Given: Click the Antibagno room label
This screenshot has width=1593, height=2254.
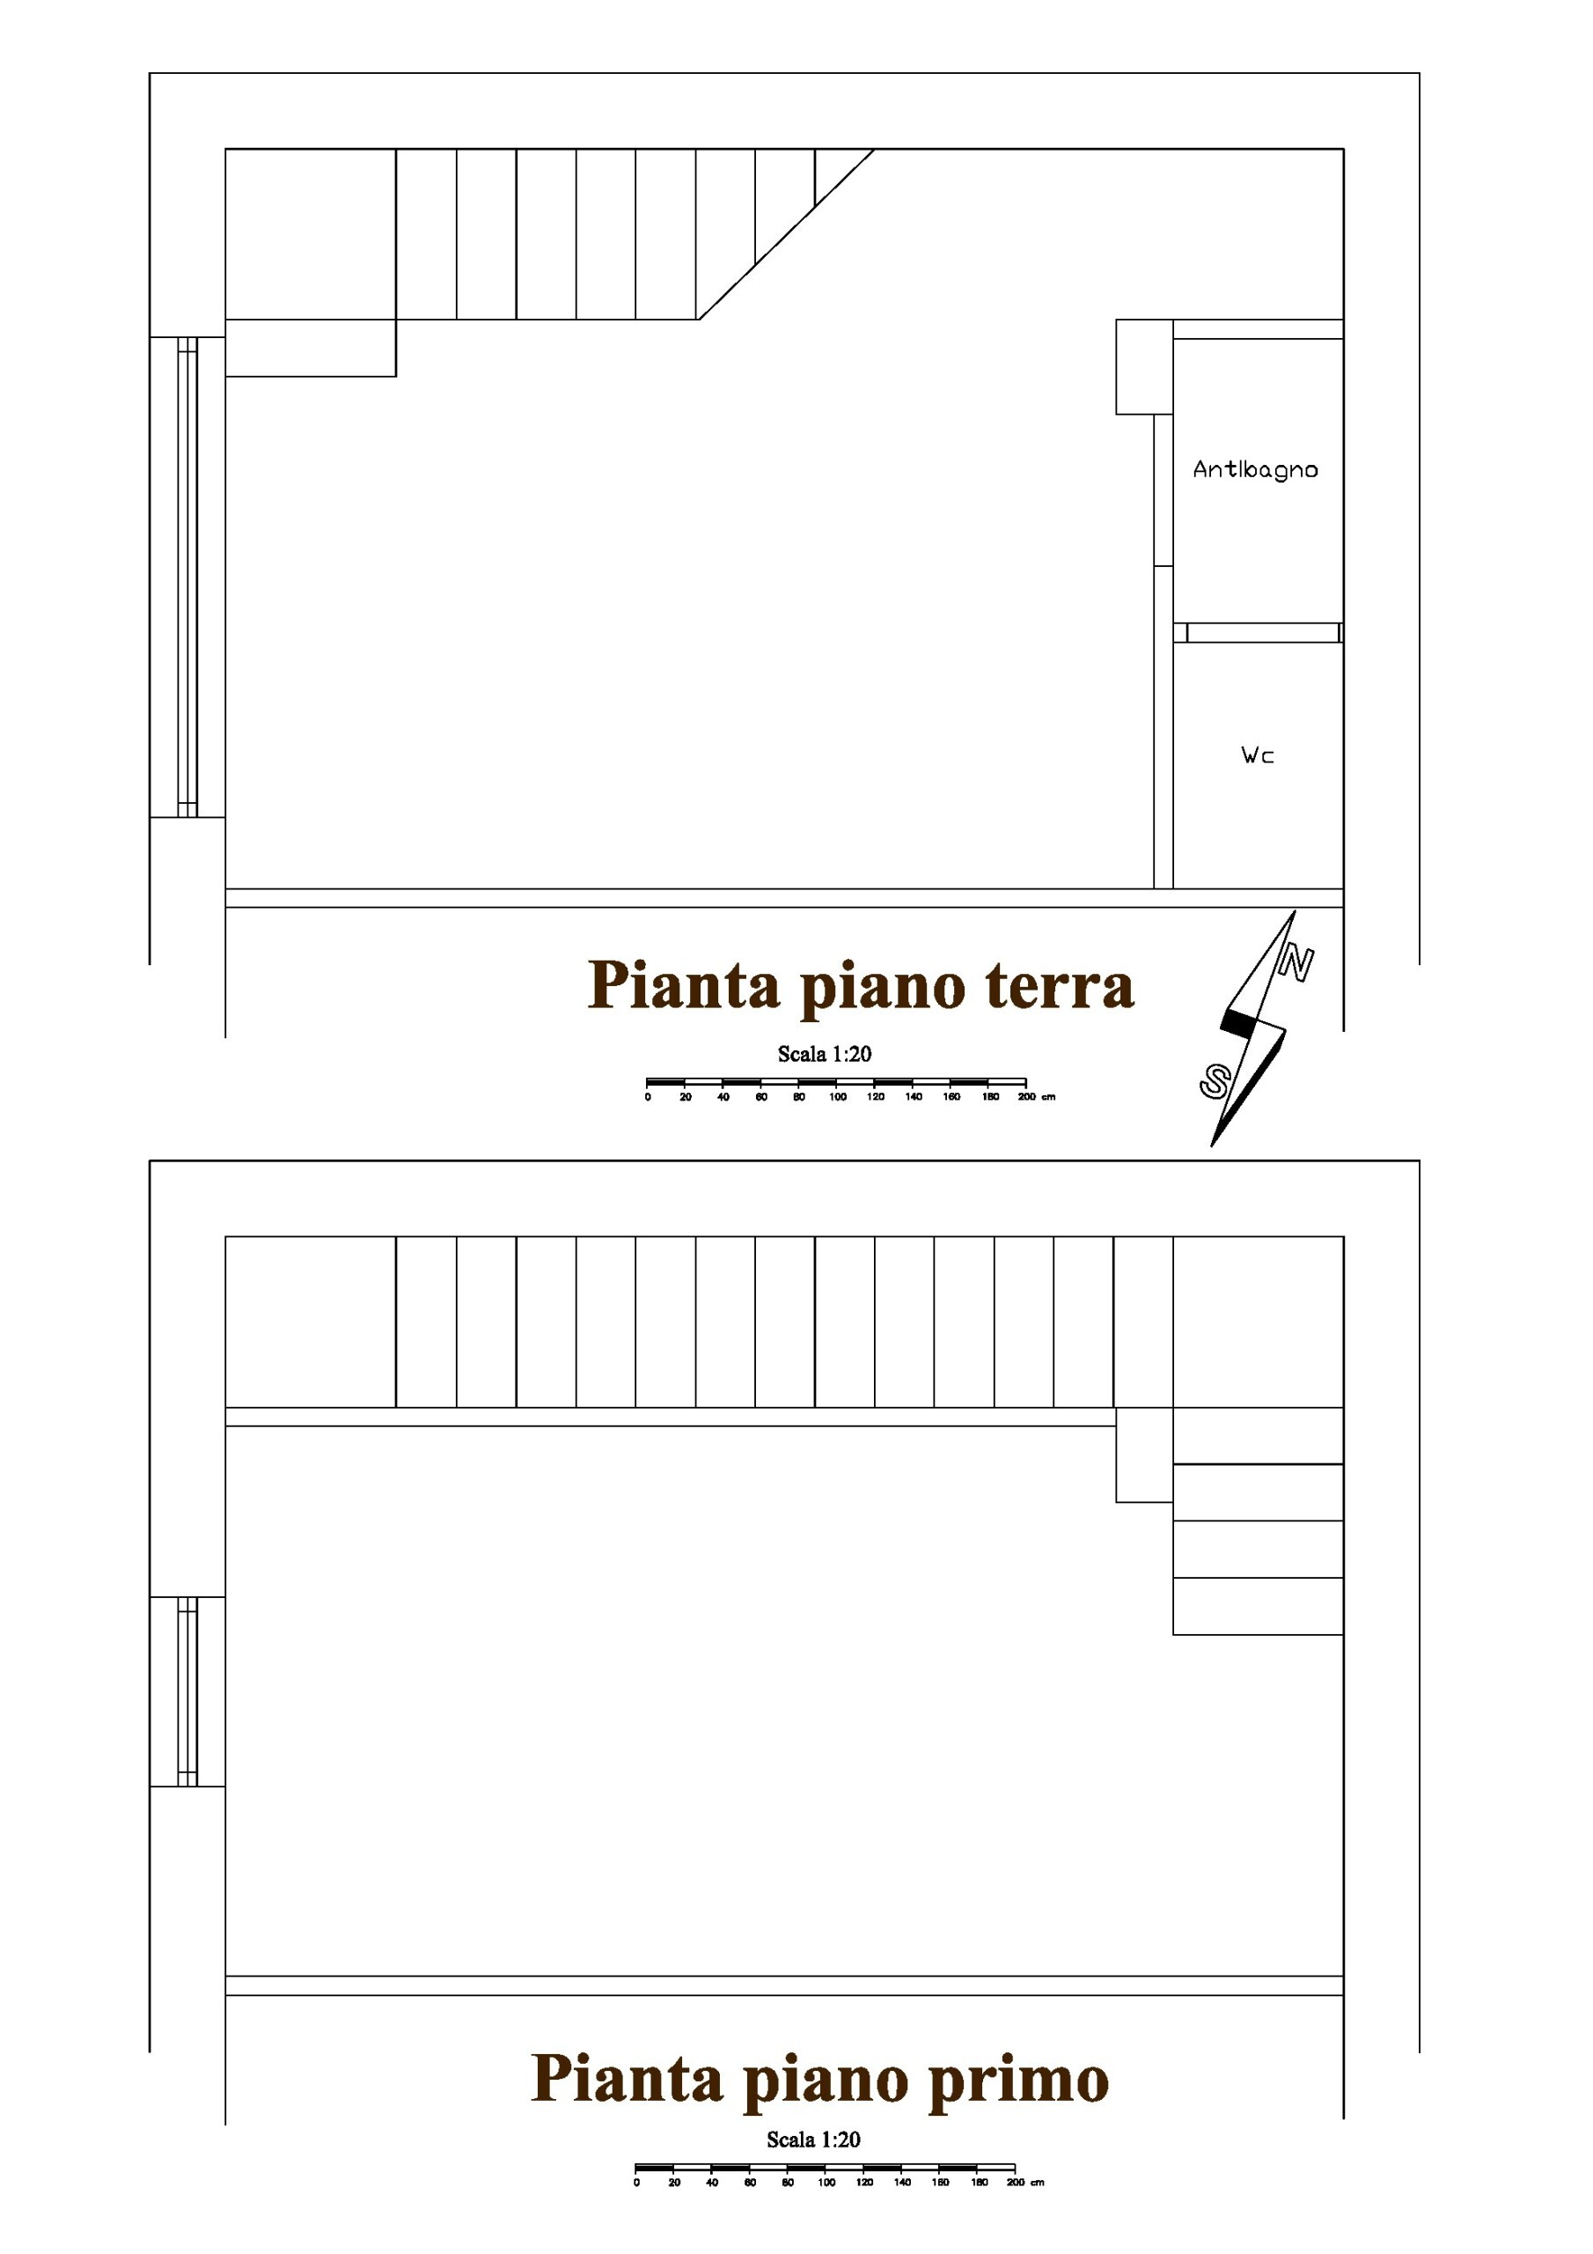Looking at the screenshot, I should click(1254, 469).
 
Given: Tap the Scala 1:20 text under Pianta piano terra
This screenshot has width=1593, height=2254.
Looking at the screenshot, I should click(825, 1054).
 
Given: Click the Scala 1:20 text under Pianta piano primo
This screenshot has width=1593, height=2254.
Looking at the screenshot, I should click(814, 2140).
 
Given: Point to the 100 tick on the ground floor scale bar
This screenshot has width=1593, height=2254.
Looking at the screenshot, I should click(837, 1096).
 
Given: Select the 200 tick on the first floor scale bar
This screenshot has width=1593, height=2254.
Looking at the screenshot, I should click(1015, 2183).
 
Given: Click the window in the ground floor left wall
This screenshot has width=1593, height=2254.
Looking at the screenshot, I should click(187, 578).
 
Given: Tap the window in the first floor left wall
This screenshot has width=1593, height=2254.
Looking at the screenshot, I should click(187, 1690).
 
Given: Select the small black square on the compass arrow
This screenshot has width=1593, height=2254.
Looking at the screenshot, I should click(1237, 1024).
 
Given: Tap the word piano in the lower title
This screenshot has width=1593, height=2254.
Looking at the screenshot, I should click(825, 2081).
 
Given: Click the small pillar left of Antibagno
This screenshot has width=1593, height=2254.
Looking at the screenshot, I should click(1143, 366).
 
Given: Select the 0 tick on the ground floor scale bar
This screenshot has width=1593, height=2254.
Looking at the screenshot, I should click(648, 1096).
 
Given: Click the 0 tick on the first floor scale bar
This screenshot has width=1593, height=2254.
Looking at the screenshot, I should click(637, 2183).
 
